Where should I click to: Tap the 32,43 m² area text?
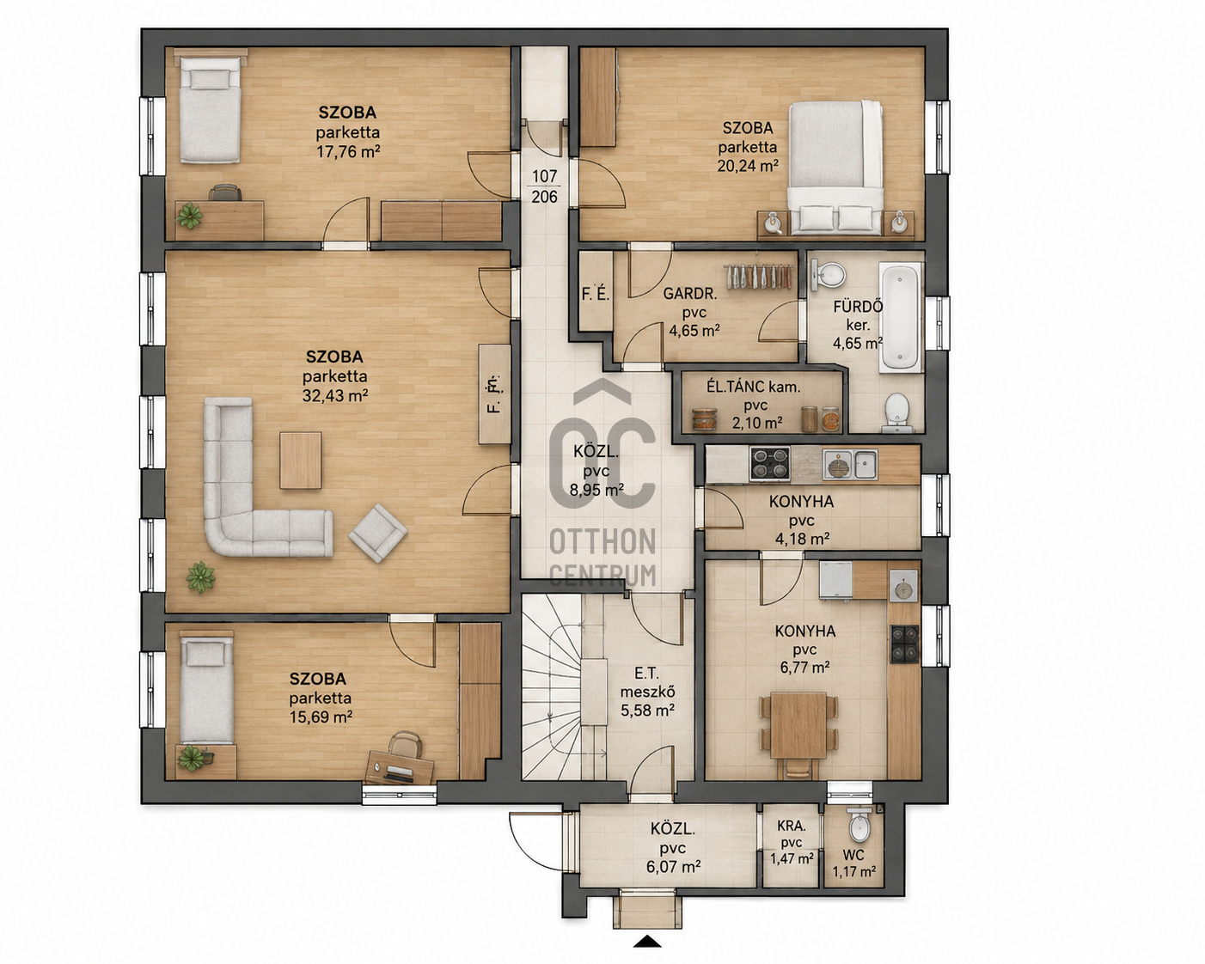coord(335,396)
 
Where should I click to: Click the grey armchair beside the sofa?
coord(378,533)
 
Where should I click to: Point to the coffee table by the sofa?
coord(301,461)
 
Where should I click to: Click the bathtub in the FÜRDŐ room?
coord(900,317)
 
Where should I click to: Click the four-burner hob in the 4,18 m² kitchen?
coord(770,463)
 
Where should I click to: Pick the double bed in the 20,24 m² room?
coord(835,168)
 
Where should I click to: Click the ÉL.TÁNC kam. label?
coord(753,387)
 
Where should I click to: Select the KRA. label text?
coord(792,825)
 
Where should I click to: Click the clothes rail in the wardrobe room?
coord(759,277)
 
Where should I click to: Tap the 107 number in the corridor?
coord(544,176)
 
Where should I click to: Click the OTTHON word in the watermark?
coord(602,542)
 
